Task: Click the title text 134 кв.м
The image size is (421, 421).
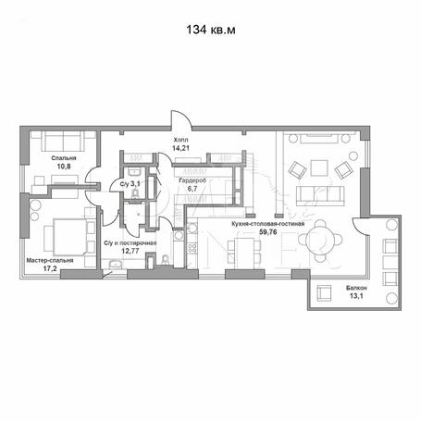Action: (211, 30)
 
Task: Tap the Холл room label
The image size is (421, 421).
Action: (180, 140)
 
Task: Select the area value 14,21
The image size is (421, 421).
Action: (180, 148)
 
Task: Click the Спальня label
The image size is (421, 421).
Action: (64, 158)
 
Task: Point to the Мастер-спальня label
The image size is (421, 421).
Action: (50, 261)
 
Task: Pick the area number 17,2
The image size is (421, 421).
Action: (50, 269)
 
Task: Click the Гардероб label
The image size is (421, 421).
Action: (192, 180)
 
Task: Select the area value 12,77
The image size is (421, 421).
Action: (130, 251)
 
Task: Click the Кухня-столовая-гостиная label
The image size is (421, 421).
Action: (268, 224)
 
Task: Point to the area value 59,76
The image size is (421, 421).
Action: (268, 232)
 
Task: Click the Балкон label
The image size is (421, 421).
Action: (356, 288)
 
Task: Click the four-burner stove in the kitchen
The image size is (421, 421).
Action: (192, 248)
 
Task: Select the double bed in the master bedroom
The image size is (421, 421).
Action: (69, 237)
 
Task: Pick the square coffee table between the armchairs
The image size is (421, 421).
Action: (319, 167)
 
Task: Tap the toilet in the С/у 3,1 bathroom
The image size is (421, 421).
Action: (135, 194)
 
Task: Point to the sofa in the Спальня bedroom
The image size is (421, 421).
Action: (63, 141)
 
